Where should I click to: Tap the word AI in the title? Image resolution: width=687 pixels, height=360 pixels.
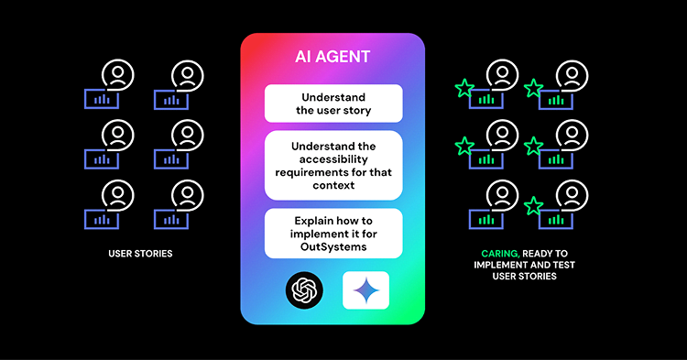(304, 57)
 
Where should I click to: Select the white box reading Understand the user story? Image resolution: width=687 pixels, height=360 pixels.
(333, 104)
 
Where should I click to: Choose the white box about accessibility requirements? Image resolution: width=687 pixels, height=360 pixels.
(333, 166)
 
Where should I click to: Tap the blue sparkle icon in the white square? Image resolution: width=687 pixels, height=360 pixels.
(365, 289)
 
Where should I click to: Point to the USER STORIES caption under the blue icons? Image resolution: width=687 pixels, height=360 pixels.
(135, 252)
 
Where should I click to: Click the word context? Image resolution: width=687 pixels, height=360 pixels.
(334, 186)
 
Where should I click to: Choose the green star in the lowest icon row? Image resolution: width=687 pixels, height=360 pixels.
(533, 205)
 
